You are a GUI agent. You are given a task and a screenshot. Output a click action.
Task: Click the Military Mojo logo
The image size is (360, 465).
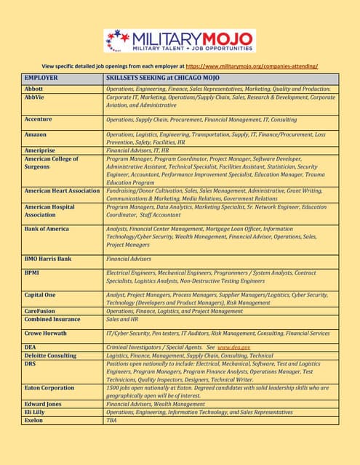[180, 41]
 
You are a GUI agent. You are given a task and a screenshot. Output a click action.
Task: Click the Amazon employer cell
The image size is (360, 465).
[36, 135]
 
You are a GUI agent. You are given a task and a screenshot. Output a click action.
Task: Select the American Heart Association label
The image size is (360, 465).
[63, 190]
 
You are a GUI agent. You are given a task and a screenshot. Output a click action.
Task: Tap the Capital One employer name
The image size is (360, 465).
[41, 295]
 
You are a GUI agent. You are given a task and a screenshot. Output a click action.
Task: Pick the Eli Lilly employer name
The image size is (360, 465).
[38, 412]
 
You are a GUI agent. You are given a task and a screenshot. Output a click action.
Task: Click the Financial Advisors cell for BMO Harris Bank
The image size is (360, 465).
[129, 258]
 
